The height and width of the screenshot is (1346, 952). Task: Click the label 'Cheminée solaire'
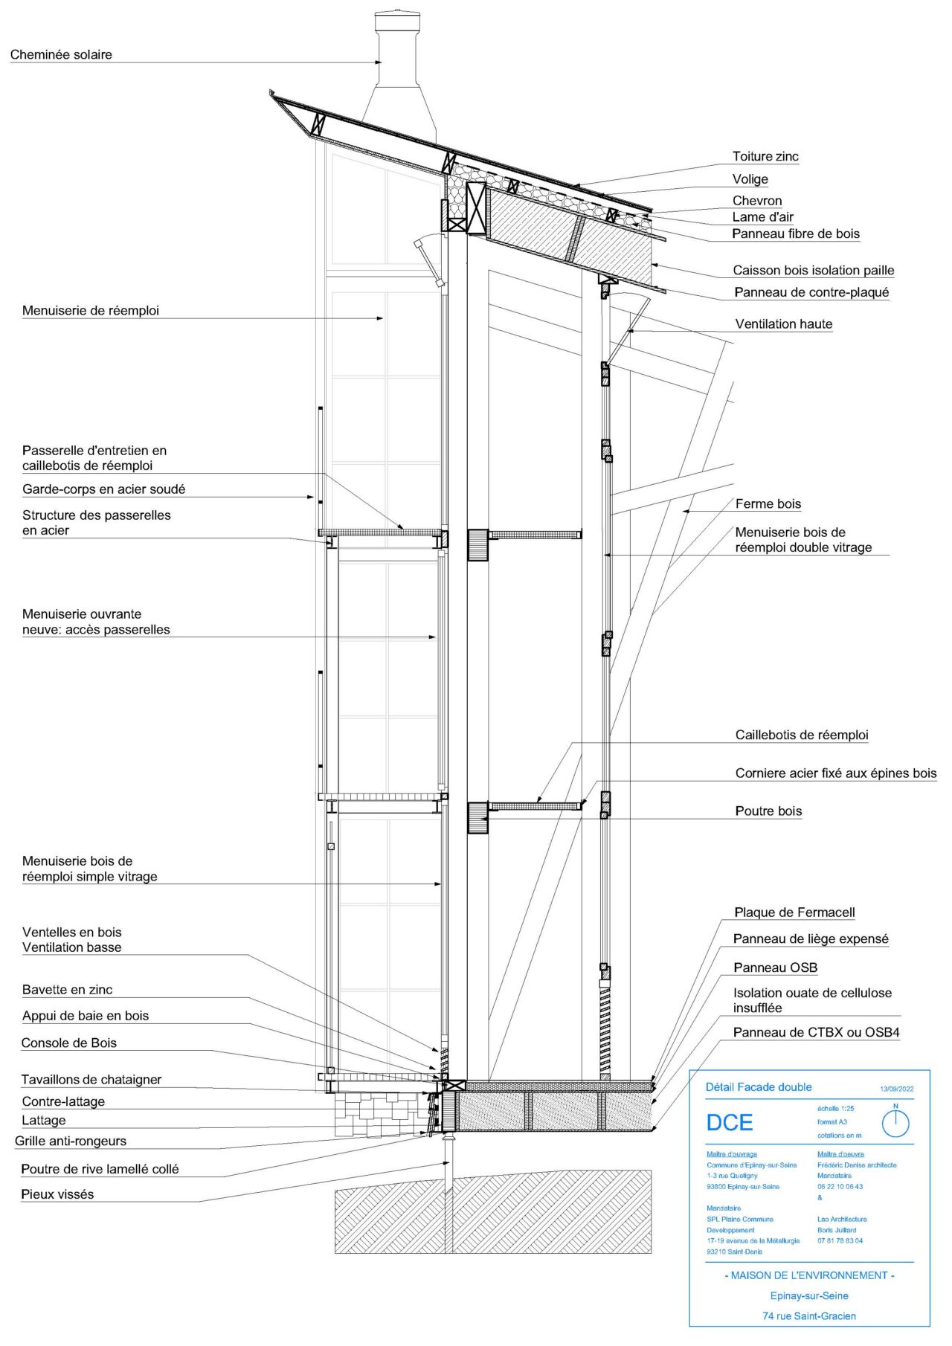pos(61,54)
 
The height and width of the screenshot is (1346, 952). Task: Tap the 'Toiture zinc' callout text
pos(765,156)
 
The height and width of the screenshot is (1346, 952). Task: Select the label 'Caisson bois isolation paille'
pos(813,270)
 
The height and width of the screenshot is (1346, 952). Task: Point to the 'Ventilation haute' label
pos(783,323)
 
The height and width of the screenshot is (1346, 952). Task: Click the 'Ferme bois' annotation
pos(768,503)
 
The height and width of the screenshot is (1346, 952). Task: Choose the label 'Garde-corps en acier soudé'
pos(103,489)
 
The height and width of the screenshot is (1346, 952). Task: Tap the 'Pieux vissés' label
pos(57,1194)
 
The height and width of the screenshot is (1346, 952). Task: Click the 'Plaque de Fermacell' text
pos(794,912)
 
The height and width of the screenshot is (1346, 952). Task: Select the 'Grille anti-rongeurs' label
pos(71,1140)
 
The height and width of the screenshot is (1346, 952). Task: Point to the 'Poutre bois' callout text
pos(768,811)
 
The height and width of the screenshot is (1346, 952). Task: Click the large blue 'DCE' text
pos(729,1122)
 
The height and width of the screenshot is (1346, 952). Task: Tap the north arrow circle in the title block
pos(895,1122)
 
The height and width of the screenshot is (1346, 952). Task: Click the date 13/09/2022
pos(896,1089)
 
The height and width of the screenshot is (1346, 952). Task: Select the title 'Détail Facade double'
pos(759,1086)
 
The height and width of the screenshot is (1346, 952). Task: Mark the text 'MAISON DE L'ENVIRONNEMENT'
pos(809,1275)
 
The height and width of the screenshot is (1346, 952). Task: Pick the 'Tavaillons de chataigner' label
pos(91,1079)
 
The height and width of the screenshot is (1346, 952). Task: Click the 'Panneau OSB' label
pos(775,967)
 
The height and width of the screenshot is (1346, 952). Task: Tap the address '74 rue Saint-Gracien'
pos(809,1316)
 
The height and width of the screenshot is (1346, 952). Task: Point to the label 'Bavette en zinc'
pos(67,989)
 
